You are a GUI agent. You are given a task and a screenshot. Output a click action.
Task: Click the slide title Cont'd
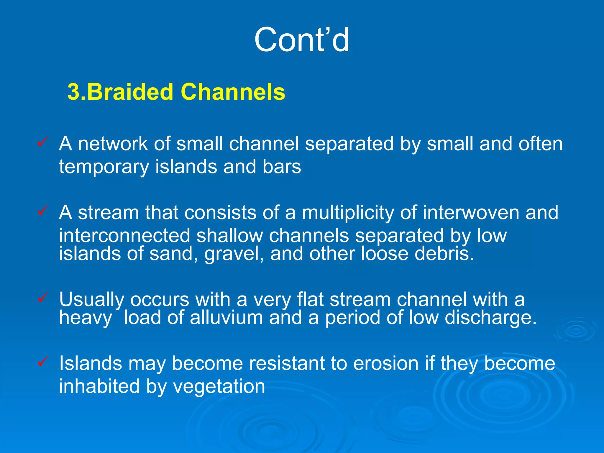pos(302,40)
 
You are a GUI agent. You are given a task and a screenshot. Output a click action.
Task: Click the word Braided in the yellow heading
pos(130,92)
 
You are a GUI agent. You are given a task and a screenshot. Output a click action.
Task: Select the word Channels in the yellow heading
pos(233,92)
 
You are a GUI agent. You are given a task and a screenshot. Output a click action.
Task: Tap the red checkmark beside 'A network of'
pos(42,142)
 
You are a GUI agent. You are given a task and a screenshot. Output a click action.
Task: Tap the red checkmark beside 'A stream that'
pos(42,211)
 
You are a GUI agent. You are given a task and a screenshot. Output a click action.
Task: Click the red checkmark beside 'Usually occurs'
pos(42,297)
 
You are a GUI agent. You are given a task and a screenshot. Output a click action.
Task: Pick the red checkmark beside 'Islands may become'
pos(42,361)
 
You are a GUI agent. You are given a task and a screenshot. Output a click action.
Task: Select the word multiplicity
pos(348,213)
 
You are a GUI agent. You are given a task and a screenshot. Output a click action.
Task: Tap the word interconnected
pos(124,236)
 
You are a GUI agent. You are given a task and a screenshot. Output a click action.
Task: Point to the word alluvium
pos(226,318)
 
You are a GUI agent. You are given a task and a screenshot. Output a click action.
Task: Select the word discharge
pos(490,318)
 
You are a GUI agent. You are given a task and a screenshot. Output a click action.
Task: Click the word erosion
pos(386,363)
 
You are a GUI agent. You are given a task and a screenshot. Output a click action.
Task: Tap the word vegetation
pos(219,387)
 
